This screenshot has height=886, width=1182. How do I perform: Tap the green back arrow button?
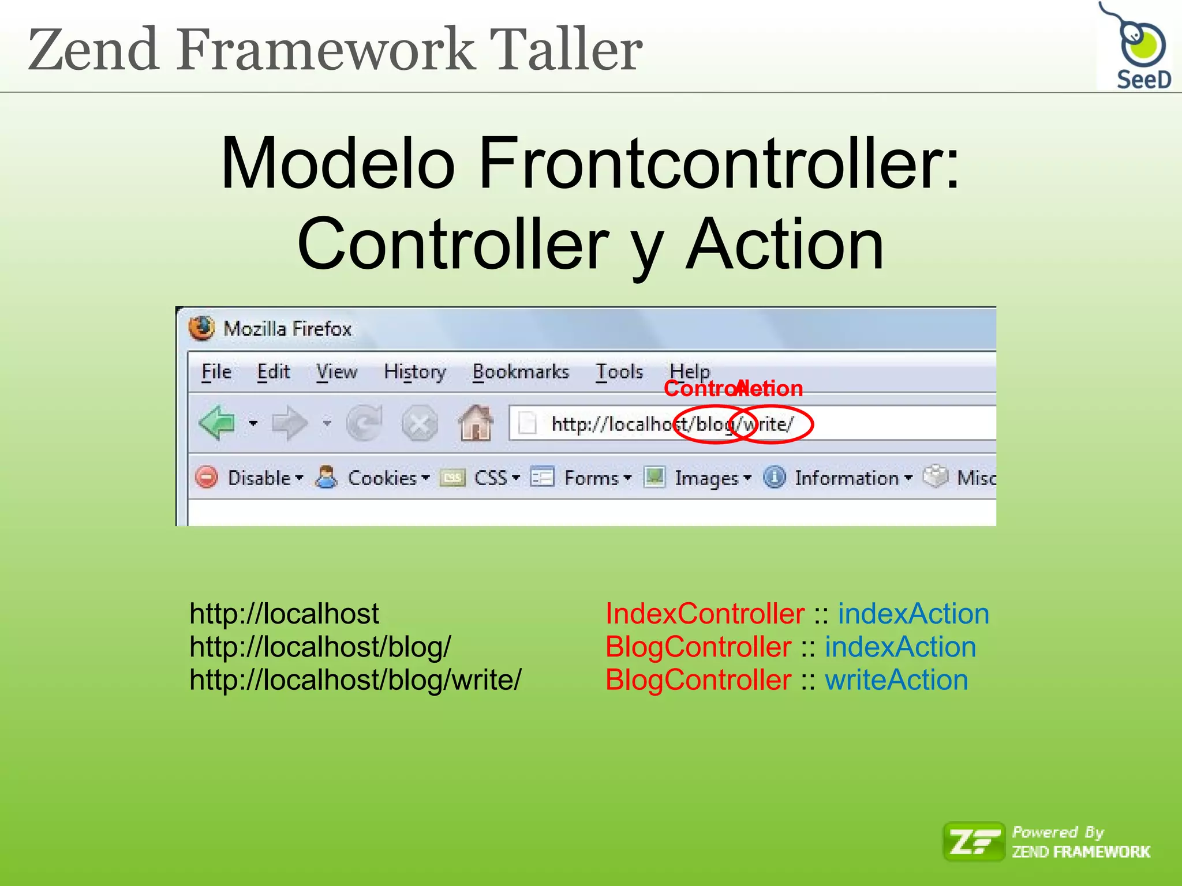(x=217, y=423)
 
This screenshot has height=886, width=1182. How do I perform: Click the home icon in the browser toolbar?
(x=476, y=423)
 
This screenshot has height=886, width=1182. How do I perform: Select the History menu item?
(x=415, y=372)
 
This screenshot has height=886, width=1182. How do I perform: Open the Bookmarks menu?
(x=521, y=372)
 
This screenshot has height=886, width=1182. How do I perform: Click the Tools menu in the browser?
(x=619, y=372)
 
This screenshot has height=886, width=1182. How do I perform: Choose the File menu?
(x=216, y=372)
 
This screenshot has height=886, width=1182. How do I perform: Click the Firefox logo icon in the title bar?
(x=201, y=328)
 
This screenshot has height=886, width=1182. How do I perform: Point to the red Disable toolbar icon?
(x=207, y=478)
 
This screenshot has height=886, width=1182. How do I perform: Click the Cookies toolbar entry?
(x=381, y=478)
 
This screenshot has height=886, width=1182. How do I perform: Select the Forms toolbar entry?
(x=591, y=478)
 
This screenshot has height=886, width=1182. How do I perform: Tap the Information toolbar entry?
(x=846, y=478)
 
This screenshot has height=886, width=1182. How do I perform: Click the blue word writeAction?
(x=896, y=680)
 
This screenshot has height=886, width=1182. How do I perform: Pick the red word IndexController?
(x=705, y=614)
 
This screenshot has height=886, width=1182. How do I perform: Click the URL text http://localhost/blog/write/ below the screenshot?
(x=356, y=680)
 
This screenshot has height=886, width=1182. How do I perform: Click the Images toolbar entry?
(x=706, y=478)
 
